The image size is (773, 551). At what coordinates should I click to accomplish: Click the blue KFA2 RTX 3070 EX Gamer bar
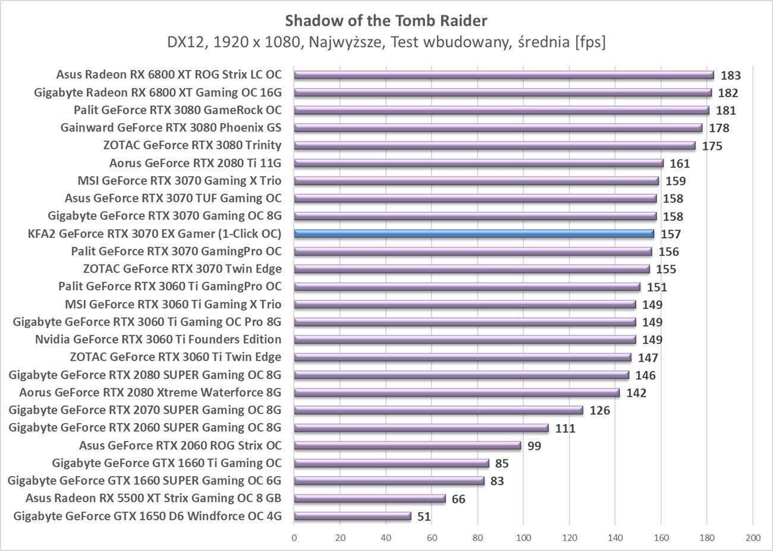pos(474,234)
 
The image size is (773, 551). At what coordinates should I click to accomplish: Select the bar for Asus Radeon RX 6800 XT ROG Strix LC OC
pos(504,75)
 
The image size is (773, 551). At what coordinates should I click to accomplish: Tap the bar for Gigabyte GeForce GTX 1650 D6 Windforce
pos(352,516)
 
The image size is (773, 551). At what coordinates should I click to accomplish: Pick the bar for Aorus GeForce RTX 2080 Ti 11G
pos(479,163)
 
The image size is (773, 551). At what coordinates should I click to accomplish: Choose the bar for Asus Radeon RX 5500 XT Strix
pos(369,499)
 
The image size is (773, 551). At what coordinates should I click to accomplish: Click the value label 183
pos(731,76)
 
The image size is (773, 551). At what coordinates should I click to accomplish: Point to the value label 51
pos(424,516)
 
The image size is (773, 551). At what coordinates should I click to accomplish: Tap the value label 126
pos(599,411)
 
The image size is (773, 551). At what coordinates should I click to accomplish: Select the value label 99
pos(534,446)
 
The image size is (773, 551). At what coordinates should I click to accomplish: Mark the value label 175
pos(712,146)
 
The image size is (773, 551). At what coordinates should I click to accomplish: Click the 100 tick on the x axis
pos(523,538)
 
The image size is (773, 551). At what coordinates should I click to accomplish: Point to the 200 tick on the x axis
pos(753,538)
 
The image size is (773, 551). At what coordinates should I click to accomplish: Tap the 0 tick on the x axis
pos(294,538)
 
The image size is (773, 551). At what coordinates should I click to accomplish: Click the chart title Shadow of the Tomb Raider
pos(386,21)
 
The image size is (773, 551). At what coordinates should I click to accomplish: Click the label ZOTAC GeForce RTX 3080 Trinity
pos(192,145)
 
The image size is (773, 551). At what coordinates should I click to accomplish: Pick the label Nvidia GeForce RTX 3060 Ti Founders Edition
pos(158,340)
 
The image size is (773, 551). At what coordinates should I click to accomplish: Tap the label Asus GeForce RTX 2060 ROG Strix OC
pos(180,446)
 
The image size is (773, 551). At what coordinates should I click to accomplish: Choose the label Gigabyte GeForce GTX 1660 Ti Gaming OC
pos(166,463)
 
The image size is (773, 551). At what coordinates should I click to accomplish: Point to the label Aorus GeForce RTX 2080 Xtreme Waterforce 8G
pos(150,393)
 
